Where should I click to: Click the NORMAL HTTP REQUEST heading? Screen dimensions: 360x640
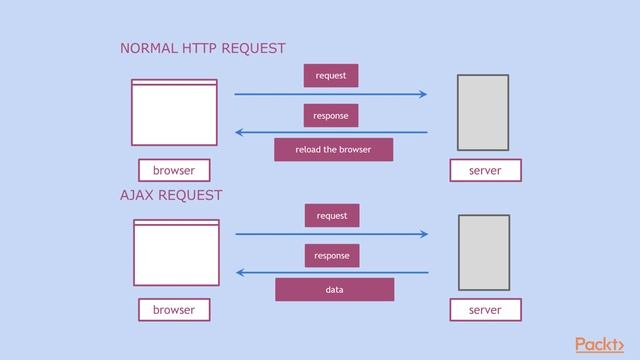pyautogui.click(x=202, y=48)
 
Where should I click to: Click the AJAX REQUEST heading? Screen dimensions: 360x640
pyautogui.click(x=171, y=195)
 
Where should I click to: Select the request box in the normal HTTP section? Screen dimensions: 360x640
pyautogui.click(x=331, y=76)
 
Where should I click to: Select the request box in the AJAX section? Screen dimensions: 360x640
pyautogui.click(x=332, y=216)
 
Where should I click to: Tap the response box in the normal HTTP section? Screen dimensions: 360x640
pyautogui.click(x=331, y=116)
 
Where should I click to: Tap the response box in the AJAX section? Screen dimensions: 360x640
pyautogui.click(x=332, y=256)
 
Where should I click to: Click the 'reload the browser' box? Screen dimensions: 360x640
pyautogui.click(x=333, y=150)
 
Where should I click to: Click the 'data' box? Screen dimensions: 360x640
pyautogui.click(x=334, y=290)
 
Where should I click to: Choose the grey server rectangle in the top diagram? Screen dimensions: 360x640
pyautogui.click(x=483, y=112)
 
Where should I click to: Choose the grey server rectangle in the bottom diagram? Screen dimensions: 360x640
pyautogui.click(x=484, y=252)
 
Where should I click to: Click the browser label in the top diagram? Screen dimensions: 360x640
pyautogui.click(x=174, y=171)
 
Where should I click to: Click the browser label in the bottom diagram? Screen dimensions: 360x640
pyautogui.click(x=174, y=311)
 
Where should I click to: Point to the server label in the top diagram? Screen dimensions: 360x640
pyautogui.click(x=485, y=171)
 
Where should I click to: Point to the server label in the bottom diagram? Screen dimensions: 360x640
pyautogui.click(x=485, y=311)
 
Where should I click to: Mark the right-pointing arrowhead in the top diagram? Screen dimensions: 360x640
pyautogui.click(x=423, y=95)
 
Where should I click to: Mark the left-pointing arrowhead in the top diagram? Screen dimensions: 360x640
pyautogui.click(x=240, y=132)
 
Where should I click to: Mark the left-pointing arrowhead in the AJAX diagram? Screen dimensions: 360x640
pyautogui.click(x=241, y=272)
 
